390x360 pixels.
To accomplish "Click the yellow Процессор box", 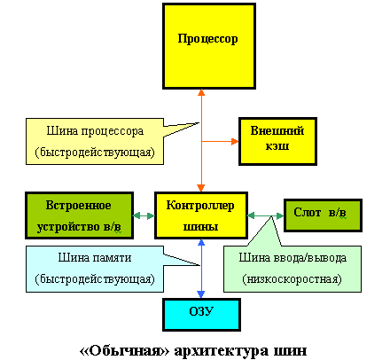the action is click(209, 46).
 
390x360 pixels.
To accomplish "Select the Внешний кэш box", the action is click(277, 141).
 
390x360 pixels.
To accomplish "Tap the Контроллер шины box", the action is click(201, 215).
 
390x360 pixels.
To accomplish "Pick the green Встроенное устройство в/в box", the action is click(79, 215).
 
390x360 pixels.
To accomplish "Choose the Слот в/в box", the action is click(323, 215).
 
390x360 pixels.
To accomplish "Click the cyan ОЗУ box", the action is click(201, 315).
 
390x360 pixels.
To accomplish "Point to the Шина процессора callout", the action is click(95, 141).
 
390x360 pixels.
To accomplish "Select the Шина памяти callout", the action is click(95, 269).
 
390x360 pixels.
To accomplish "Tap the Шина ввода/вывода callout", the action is click(292, 269).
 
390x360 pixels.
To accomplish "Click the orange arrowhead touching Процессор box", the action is click(201, 92).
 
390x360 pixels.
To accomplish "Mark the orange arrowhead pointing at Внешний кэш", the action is click(235, 142).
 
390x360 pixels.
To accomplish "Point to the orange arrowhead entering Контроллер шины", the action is click(201, 188).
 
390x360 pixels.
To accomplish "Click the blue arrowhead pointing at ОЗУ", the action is click(201, 294).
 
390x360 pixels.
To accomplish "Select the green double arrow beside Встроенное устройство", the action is click(144, 215).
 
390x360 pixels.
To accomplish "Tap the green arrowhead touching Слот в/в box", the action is click(280, 215).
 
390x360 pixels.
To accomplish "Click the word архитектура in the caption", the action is click(222, 351).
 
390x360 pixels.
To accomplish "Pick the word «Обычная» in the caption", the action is click(125, 351).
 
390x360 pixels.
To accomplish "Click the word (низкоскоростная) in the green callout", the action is click(292, 279).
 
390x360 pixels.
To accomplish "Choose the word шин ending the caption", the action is click(291, 351).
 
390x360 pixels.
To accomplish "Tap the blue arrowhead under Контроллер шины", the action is click(201, 242).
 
